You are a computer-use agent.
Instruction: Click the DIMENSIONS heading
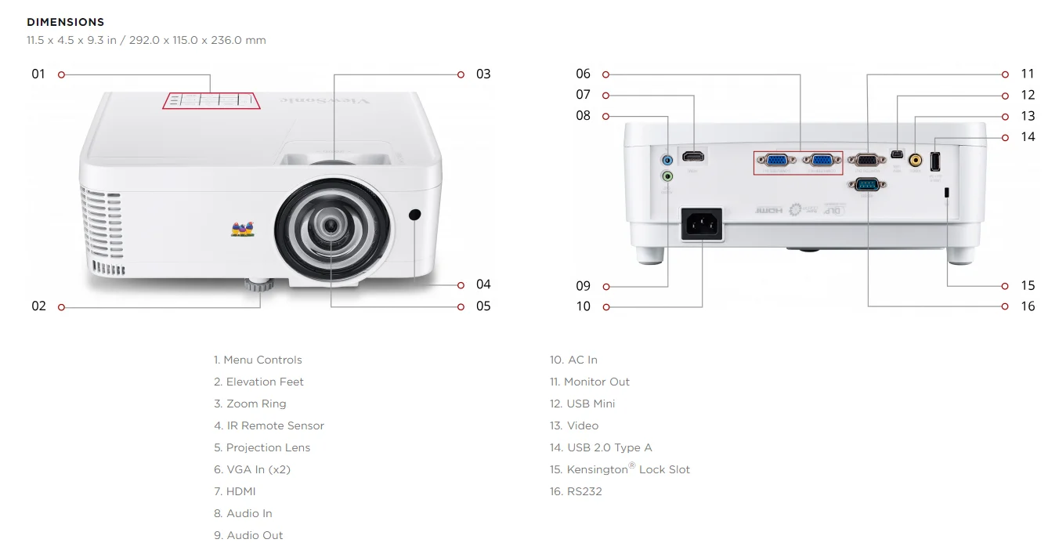(65, 22)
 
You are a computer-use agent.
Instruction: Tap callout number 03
(483, 74)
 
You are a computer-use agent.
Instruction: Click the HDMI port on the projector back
(692, 157)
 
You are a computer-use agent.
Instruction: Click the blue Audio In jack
(667, 161)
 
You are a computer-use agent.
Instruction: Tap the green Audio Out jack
(667, 176)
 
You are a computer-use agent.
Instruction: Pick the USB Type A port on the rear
(934, 161)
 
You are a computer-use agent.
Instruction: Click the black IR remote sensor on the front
(414, 215)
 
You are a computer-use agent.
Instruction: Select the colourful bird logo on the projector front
(243, 229)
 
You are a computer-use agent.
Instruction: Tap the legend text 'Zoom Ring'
(256, 404)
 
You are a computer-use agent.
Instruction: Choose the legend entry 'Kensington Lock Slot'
(628, 469)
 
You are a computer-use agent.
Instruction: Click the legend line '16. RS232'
(576, 491)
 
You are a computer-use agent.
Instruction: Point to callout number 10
(584, 306)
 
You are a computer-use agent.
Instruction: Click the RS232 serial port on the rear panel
(867, 185)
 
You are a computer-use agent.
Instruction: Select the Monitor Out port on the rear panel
(867, 159)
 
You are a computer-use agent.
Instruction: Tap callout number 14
(1028, 137)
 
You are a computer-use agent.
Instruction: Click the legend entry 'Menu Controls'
(262, 360)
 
